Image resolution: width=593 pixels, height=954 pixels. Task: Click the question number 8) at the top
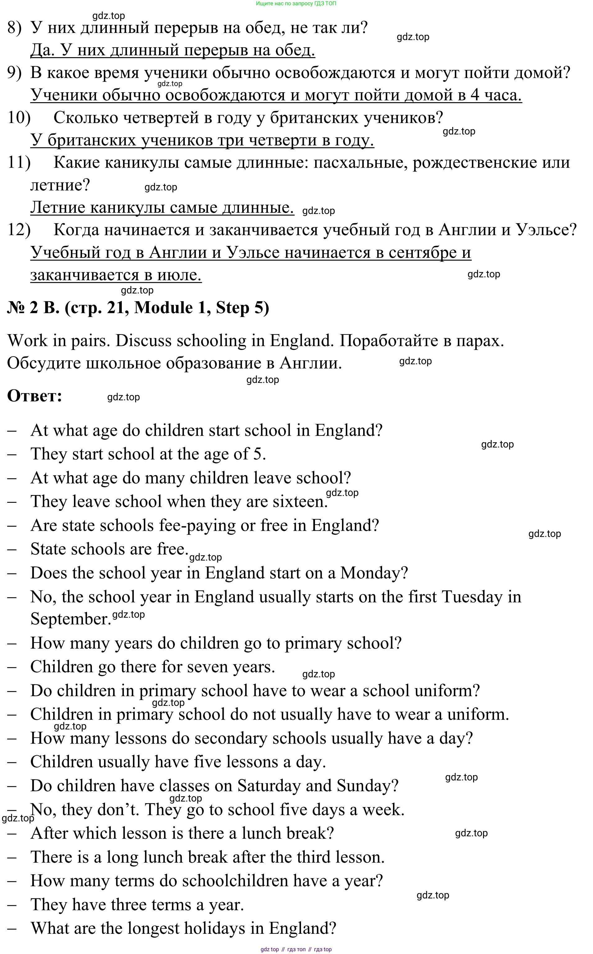(15, 28)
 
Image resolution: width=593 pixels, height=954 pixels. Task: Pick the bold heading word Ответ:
(34, 396)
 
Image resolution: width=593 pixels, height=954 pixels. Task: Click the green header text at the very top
(296, 3)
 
